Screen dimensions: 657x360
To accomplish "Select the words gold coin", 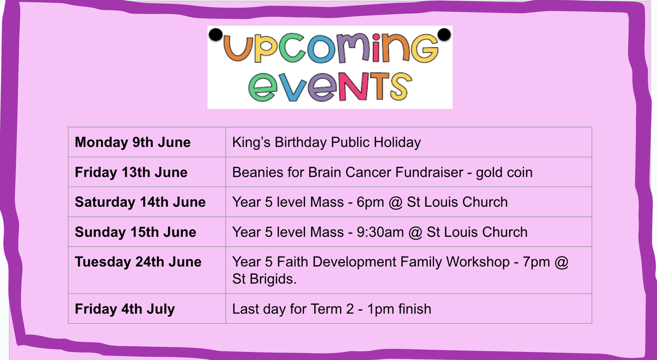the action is (x=504, y=173).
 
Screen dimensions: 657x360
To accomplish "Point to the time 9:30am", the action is (x=380, y=232).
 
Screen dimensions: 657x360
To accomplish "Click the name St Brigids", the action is (x=264, y=279).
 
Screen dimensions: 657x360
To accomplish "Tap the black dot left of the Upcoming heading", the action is (x=216, y=34).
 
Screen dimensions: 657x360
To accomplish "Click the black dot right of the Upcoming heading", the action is (x=445, y=34).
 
